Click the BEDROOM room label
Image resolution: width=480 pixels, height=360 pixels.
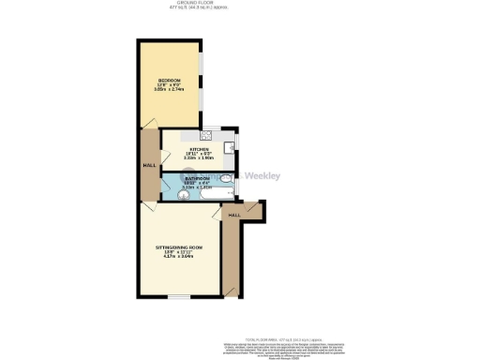170,80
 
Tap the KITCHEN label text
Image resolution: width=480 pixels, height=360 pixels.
200,149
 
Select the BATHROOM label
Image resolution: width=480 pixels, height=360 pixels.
198,178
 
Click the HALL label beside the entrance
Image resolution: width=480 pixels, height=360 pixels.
234,216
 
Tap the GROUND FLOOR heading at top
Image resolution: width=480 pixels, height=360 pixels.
239,3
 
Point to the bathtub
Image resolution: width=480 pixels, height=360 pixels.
202,194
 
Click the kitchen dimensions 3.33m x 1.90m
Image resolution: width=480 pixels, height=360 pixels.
200,158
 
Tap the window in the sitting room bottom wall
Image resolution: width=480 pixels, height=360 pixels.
178,297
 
